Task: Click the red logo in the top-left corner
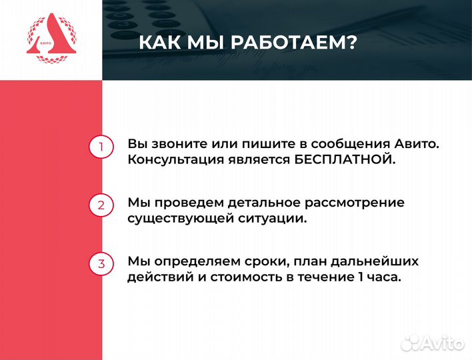(51, 40)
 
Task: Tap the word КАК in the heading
(160, 43)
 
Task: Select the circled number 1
(101, 147)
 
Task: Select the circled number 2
(101, 205)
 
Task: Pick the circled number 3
(101, 263)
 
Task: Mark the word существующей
(174, 218)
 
